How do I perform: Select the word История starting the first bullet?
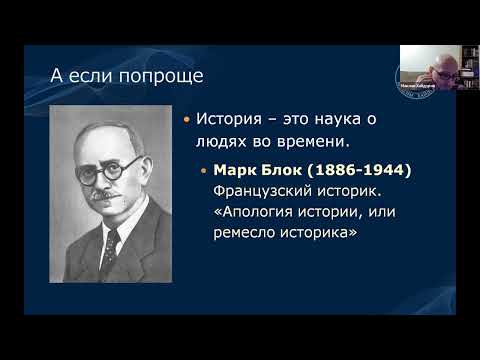click(x=228, y=120)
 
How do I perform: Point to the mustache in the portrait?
click(x=105, y=191)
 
